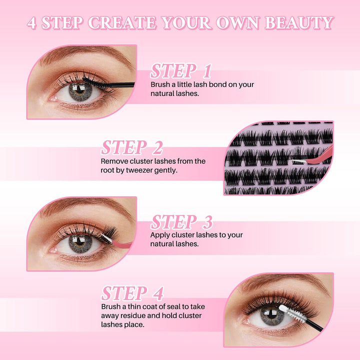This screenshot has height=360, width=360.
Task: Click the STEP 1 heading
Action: point(181,70)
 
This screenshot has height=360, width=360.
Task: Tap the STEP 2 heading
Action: point(132,147)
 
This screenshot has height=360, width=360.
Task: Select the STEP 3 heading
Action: point(181,222)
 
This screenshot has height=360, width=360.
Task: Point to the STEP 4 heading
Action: point(132,293)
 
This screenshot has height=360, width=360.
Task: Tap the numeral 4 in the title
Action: point(32,23)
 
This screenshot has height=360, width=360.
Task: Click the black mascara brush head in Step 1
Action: point(93,81)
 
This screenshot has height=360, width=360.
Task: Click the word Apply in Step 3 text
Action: point(160,235)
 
